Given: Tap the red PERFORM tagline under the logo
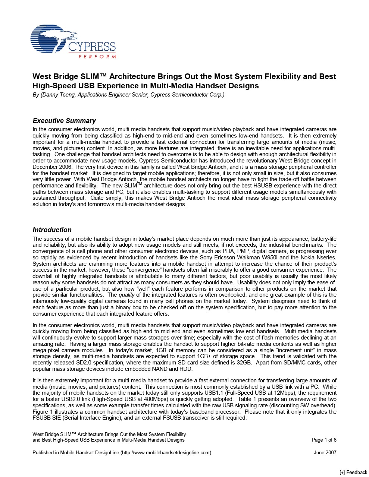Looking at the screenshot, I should pyautogui.click(x=97, y=57).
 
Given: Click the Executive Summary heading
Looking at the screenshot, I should pyautogui.click(x=64, y=121).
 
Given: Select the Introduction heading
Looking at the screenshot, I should pyautogui.click(x=52, y=230).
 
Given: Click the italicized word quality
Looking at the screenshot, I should pyautogui.click(x=126, y=295).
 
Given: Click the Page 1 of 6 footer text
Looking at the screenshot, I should pyautogui.click(x=324, y=440).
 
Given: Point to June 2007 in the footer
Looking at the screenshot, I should pyautogui.click(x=325, y=452).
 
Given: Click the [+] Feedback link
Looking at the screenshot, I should pyautogui.click(x=353, y=472).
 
